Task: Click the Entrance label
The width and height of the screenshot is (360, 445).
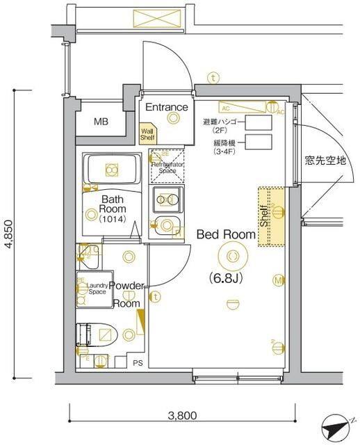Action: pyautogui.click(x=166, y=107)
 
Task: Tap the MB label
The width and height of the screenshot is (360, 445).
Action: pyautogui.click(x=101, y=122)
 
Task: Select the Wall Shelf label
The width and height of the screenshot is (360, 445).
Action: pyautogui.click(x=147, y=133)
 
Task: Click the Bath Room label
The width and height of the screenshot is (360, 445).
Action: pyautogui.click(x=111, y=203)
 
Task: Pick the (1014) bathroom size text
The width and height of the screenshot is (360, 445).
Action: pyautogui.click(x=111, y=219)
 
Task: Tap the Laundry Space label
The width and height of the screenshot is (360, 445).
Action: pyautogui.click(x=97, y=289)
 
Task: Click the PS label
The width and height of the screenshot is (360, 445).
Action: pyautogui.click(x=138, y=362)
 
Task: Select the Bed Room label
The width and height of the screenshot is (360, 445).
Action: pyautogui.click(x=226, y=234)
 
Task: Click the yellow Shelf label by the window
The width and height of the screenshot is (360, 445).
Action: pyautogui.click(x=265, y=217)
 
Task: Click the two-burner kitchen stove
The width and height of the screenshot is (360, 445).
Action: pyautogui.click(x=167, y=200)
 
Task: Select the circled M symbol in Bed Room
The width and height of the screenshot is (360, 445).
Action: pyautogui.click(x=277, y=281)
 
